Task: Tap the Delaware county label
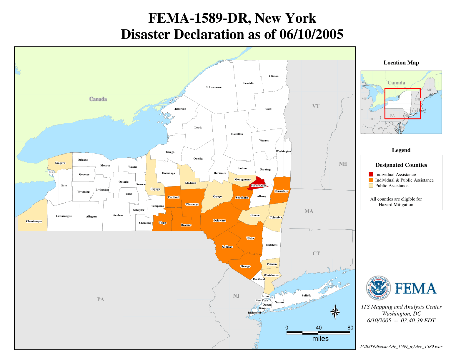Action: coord(219,220)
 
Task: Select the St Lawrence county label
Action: coord(214,87)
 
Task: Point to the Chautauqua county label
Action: coord(34,221)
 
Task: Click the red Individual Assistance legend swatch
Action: coord(371,174)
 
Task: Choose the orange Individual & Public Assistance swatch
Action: coord(371,180)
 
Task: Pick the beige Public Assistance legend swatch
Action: coord(371,186)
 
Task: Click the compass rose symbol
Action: coord(335,312)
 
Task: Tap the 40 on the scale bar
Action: coord(319,328)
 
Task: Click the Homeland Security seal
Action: coord(378,288)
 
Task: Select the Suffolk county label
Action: coord(306,295)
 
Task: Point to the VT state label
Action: coord(316,106)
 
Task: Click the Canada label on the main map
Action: coord(98,99)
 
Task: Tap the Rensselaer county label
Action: coord(281,191)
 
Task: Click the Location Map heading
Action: coord(401,63)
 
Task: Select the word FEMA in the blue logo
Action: coord(415,289)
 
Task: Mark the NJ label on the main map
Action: coord(236,296)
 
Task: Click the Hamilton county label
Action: coord(237,134)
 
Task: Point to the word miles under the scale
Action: coord(320,339)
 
